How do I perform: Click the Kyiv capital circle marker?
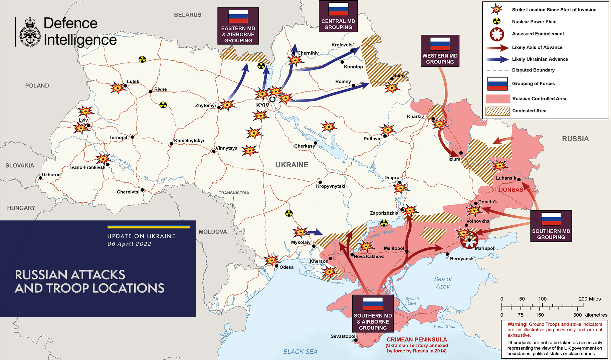tap(272, 99)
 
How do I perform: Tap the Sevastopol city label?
tap(343, 336)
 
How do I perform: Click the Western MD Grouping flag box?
tap(440, 51)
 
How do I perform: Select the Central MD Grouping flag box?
tap(338, 16)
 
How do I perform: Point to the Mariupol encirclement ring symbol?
tap(469, 239)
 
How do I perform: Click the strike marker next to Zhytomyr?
tap(227, 105)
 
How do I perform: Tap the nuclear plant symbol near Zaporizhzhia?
tap(384, 223)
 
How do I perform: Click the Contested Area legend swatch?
tap(497, 111)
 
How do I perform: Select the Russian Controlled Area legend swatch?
tap(497, 99)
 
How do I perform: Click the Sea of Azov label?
tap(443, 283)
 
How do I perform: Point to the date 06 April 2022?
tap(129, 244)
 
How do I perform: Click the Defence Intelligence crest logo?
tap(30, 32)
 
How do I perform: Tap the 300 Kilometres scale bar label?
tap(590, 315)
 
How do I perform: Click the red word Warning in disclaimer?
tap(517, 324)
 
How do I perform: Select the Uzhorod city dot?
tap(40, 178)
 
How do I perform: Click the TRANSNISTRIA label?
tap(234, 193)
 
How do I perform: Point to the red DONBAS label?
tap(511, 190)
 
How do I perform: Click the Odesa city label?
tap(286, 267)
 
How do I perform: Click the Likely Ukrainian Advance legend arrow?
tap(497, 59)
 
